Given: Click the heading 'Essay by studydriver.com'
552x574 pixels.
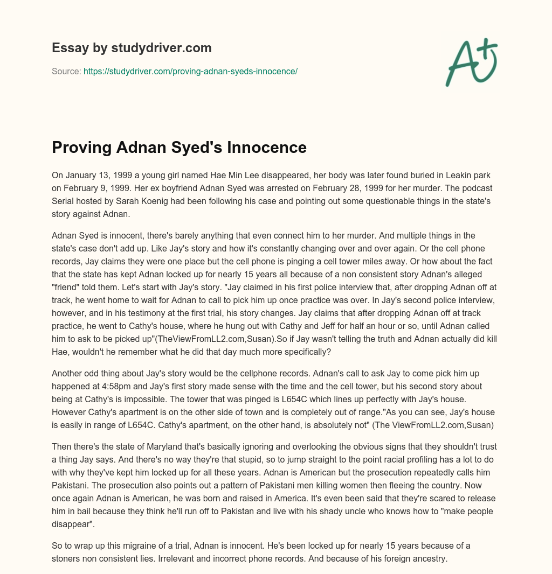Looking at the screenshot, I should tap(132, 48).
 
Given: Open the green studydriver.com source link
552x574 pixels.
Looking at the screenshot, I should tap(190, 71).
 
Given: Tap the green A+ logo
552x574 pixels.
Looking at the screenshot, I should tap(471, 62).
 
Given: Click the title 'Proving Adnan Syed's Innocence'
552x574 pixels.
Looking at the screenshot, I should tap(179, 148).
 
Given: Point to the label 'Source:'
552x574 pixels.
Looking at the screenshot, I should tap(66, 71).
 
